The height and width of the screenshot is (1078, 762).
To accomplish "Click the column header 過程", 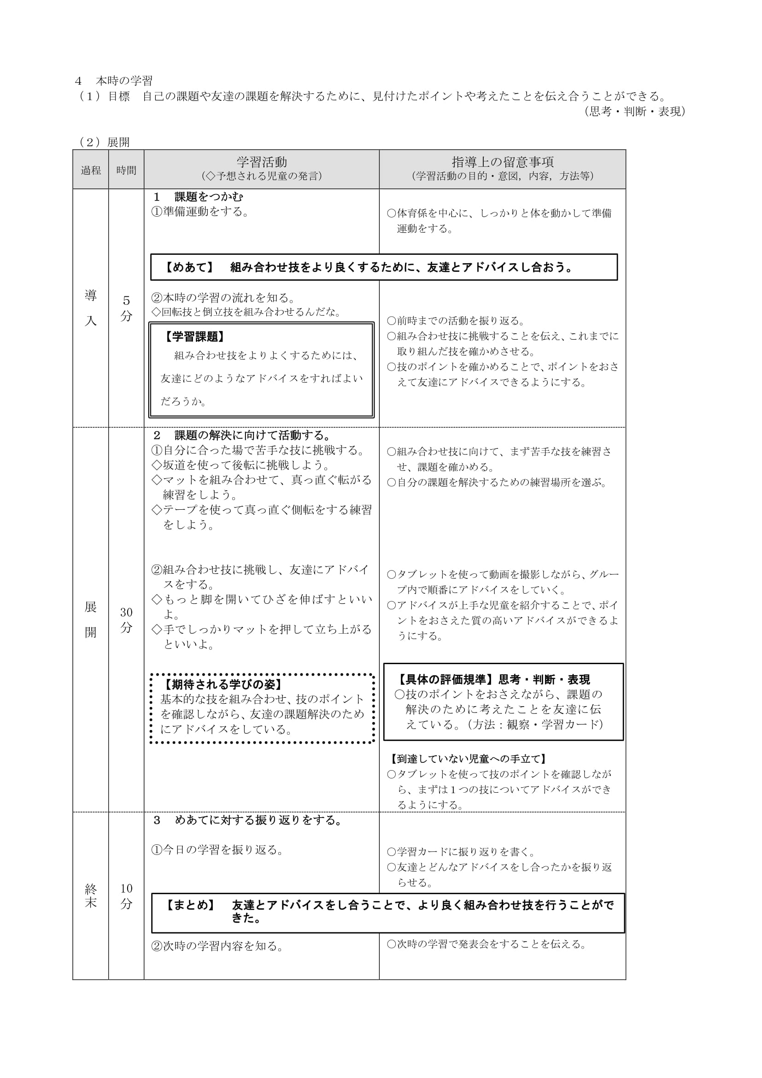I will (91, 170).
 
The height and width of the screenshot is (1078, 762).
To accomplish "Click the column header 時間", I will (126, 170).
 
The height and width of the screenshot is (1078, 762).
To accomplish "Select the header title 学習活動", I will (261, 162).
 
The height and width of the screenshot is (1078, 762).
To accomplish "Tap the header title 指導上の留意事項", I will (503, 162).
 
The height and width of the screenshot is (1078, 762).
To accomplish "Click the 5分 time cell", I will (126, 308).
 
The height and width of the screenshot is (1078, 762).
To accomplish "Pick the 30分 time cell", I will (126, 619).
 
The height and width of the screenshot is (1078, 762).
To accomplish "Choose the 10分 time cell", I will (126, 895).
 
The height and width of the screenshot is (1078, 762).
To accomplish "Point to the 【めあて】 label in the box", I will (189, 268).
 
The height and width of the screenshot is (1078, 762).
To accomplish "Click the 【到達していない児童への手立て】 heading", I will (469, 759).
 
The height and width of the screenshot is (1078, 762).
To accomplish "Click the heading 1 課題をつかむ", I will (199, 197).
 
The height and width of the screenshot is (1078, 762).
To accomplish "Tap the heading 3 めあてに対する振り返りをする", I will (248, 820).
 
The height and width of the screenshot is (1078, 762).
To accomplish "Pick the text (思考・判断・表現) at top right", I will (635, 111).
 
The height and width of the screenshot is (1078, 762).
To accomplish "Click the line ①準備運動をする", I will (200, 212).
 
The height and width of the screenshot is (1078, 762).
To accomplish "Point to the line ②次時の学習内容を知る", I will (218, 946).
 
